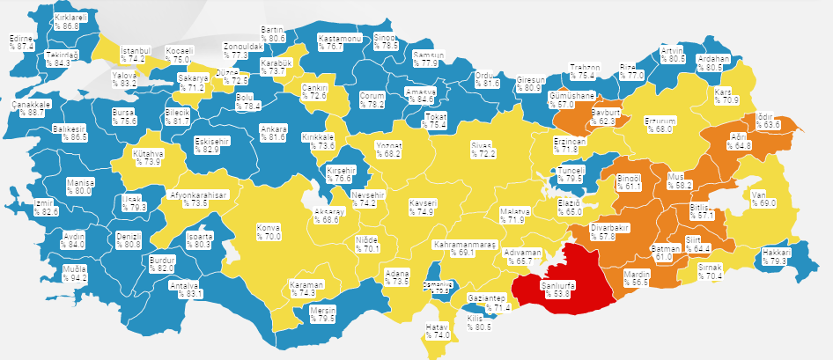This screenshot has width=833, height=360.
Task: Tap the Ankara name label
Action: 273,129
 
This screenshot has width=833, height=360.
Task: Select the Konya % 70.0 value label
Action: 269,237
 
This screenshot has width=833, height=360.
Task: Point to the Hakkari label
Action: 776,252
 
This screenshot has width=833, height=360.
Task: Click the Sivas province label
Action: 483,143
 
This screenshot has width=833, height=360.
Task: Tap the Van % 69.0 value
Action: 764,203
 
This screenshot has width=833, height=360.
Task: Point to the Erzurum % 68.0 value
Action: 660,129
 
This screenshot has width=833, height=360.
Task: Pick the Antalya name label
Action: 185,285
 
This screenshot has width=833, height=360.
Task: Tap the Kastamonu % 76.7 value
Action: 329,47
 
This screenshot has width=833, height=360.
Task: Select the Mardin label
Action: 636,274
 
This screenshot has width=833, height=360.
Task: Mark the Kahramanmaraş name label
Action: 467,243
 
